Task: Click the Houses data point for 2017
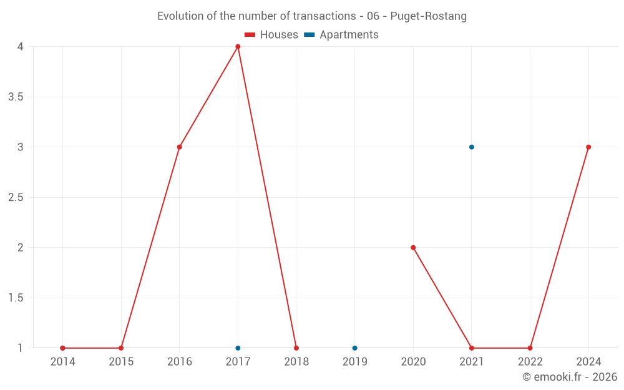238,47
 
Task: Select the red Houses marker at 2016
179,147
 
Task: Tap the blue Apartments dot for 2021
472,147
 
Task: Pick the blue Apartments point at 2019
354,348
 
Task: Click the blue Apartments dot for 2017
238,348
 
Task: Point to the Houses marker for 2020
413,248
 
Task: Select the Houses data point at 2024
588,147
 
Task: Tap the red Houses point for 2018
296,348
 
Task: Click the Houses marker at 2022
530,348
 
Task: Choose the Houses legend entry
271,35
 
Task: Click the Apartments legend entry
341,35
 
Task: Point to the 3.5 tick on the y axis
16,97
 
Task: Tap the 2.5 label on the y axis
16,198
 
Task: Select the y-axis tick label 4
21,47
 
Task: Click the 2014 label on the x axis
62,362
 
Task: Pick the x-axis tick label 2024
588,362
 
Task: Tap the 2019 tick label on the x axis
354,362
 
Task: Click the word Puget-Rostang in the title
428,16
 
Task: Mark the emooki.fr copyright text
570,377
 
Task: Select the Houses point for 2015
121,348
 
